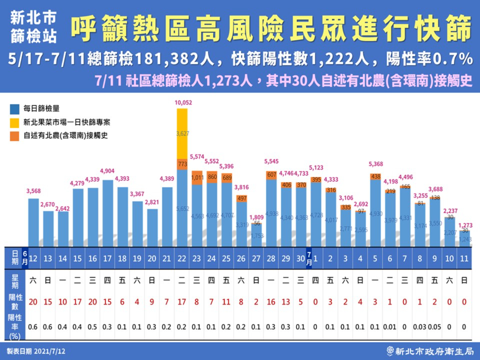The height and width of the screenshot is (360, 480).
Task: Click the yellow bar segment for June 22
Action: pyautogui.click(x=182, y=134)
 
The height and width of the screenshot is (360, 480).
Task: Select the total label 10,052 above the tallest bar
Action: pyautogui.click(x=183, y=103)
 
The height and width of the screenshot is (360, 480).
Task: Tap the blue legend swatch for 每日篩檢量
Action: pyautogui.click(x=14, y=109)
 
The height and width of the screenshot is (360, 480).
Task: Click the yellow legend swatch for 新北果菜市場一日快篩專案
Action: pyautogui.click(x=14, y=122)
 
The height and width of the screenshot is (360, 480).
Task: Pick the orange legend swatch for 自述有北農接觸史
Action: pyautogui.click(x=14, y=136)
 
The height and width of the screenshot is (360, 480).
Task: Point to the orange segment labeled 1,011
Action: pyautogui.click(x=197, y=178)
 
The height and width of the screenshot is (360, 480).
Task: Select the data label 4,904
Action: pyautogui.click(x=107, y=171)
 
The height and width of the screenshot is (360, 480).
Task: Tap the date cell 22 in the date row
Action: pyautogui.click(x=182, y=259)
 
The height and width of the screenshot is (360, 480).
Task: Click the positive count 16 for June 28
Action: pyautogui.click(x=271, y=302)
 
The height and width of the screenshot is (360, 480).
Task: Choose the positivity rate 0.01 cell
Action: pyautogui.click(x=389, y=327)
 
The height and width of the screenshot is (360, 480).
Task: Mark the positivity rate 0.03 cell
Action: pyautogui.click(x=419, y=327)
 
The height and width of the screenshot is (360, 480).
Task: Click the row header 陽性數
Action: pyautogui.click(x=15, y=302)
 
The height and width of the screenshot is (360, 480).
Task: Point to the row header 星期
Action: pyautogui.click(x=15, y=281)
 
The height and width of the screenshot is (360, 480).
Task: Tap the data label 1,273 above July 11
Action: pyautogui.click(x=465, y=225)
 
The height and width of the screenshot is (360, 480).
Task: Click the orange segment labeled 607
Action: pyautogui.click(x=272, y=175)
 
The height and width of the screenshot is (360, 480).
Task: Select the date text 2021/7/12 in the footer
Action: pyautogui.click(x=50, y=351)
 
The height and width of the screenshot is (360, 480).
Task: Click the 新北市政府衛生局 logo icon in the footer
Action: pyautogui.click(x=390, y=351)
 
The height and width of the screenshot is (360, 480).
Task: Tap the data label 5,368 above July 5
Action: pyautogui.click(x=375, y=164)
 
